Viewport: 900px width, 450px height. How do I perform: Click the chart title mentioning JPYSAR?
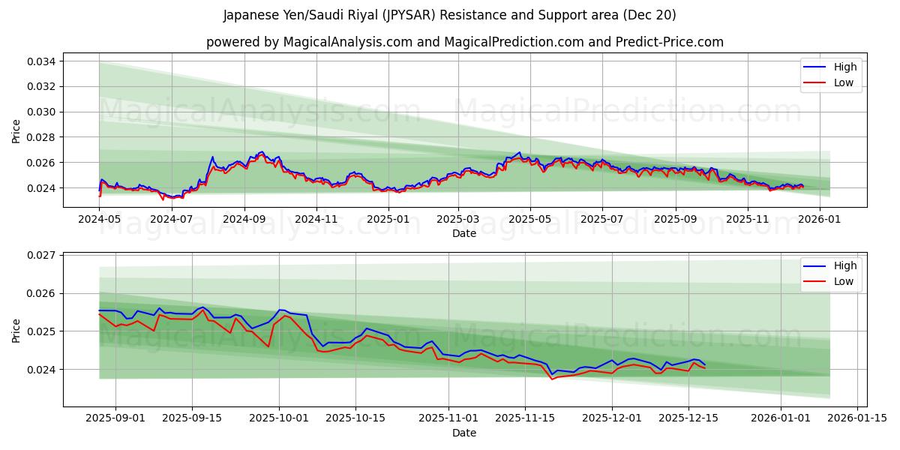[450, 15]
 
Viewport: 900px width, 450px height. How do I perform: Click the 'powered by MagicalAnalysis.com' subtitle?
[465, 42]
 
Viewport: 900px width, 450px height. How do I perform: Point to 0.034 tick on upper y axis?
[43, 61]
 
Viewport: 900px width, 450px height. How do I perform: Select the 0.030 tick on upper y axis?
[43, 112]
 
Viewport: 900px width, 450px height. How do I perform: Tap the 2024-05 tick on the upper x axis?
[100, 220]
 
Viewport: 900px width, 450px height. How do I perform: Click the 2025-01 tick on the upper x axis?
[388, 220]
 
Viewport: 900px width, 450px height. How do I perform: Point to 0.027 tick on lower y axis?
[43, 255]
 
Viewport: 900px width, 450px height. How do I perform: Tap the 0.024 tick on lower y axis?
[43, 369]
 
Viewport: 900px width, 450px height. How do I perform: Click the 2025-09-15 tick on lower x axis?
[193, 418]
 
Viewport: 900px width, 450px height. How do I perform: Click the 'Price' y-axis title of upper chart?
[16, 131]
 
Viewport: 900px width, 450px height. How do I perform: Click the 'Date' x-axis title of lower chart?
[464, 433]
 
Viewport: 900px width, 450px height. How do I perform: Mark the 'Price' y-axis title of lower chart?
[16, 330]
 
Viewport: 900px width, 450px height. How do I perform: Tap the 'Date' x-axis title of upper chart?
[464, 234]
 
